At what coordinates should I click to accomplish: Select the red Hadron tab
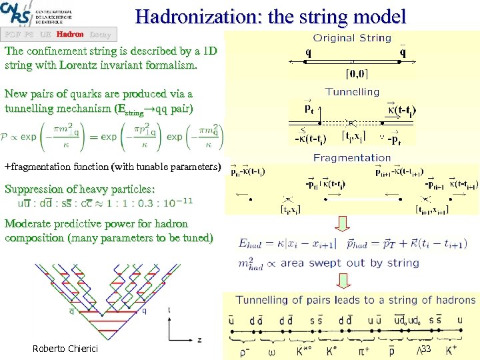(x=70, y=34)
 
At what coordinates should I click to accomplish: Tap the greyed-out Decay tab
(x=99, y=34)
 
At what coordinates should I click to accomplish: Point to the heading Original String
(x=352, y=38)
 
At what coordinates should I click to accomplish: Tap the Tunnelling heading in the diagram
(x=352, y=92)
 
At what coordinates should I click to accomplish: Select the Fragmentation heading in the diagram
(x=352, y=158)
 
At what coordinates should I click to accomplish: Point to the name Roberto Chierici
(x=64, y=349)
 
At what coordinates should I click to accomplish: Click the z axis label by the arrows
(x=199, y=339)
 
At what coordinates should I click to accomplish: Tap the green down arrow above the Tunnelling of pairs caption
(x=352, y=280)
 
